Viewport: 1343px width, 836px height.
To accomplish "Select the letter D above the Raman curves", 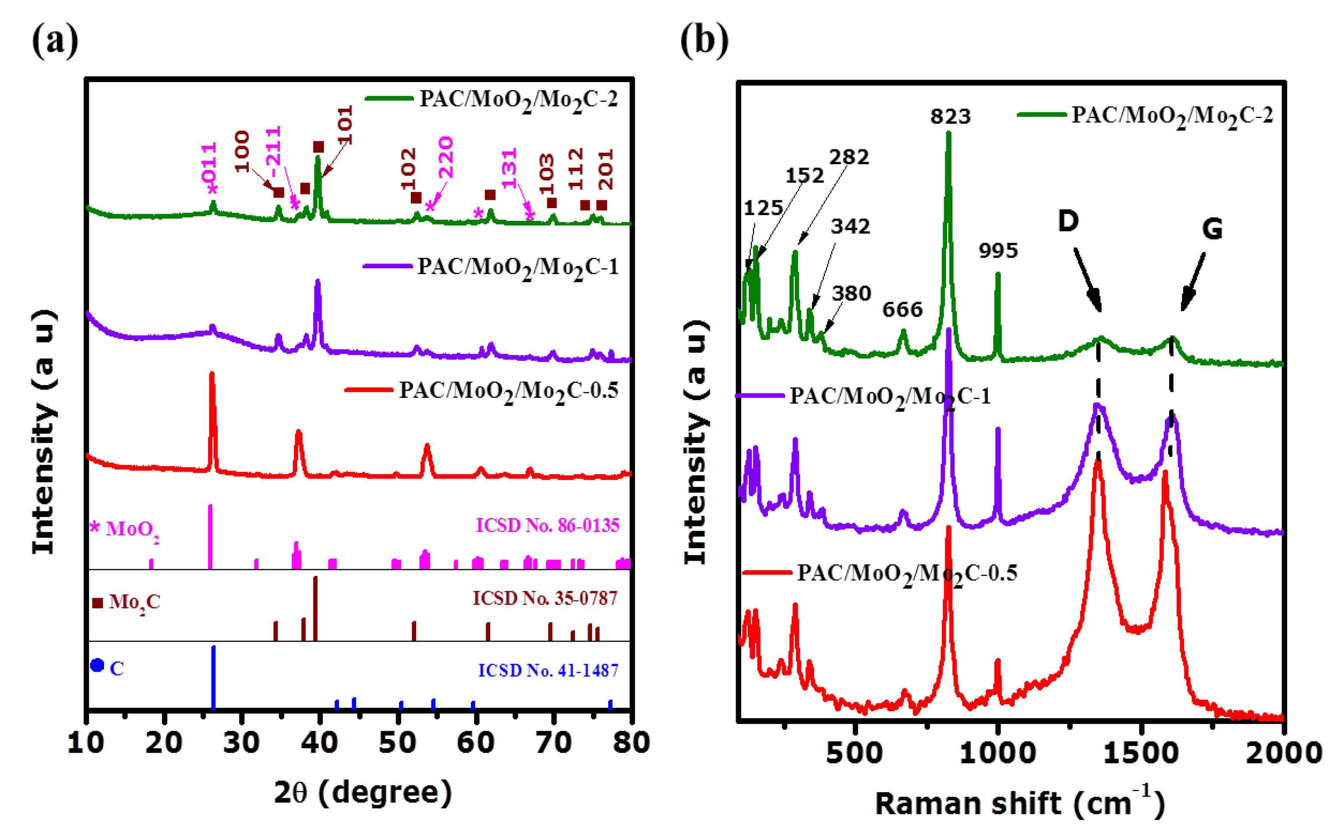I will (x=1068, y=221).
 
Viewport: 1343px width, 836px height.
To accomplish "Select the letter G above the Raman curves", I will (x=1212, y=229).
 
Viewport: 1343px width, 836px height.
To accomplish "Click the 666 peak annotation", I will (x=902, y=310).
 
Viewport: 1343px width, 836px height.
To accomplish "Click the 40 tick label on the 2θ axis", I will (x=320, y=742).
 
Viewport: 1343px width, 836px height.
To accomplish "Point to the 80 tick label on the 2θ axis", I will (x=631, y=742).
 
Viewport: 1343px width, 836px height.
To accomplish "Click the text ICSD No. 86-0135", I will (x=547, y=525).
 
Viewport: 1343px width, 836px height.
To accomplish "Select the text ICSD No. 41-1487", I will (x=548, y=670).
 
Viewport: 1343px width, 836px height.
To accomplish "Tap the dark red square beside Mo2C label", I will (x=97, y=603).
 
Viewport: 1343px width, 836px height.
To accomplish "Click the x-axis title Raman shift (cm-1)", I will (x=1020, y=803).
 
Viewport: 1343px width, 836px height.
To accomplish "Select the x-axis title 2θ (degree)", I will (x=363, y=793).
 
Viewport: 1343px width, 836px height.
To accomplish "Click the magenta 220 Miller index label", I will (x=445, y=158).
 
